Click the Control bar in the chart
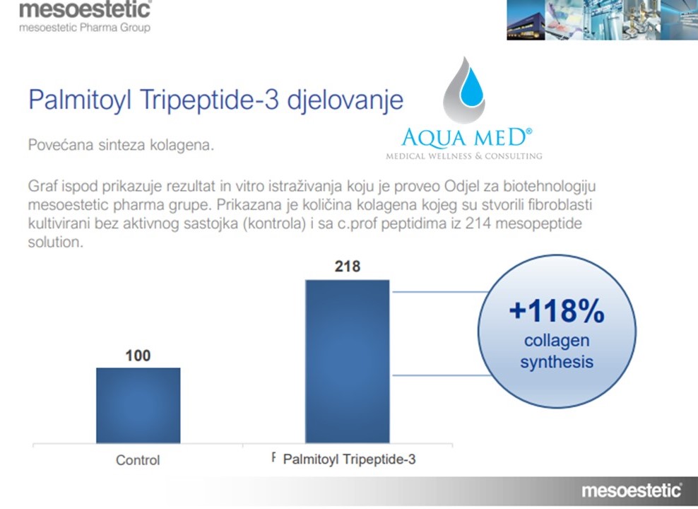click(138, 405)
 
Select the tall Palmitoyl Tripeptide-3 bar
click(347, 361)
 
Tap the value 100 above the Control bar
click(138, 355)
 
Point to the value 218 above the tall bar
click(347, 267)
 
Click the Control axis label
click(138, 460)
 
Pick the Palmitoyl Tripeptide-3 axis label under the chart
click(349, 460)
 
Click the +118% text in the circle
click(557, 312)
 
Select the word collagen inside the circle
click(557, 341)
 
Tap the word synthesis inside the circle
click(557, 363)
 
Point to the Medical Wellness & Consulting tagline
click(464, 156)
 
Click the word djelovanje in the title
click(345, 100)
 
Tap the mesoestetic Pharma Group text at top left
click(85, 28)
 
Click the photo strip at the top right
click(602, 20)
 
